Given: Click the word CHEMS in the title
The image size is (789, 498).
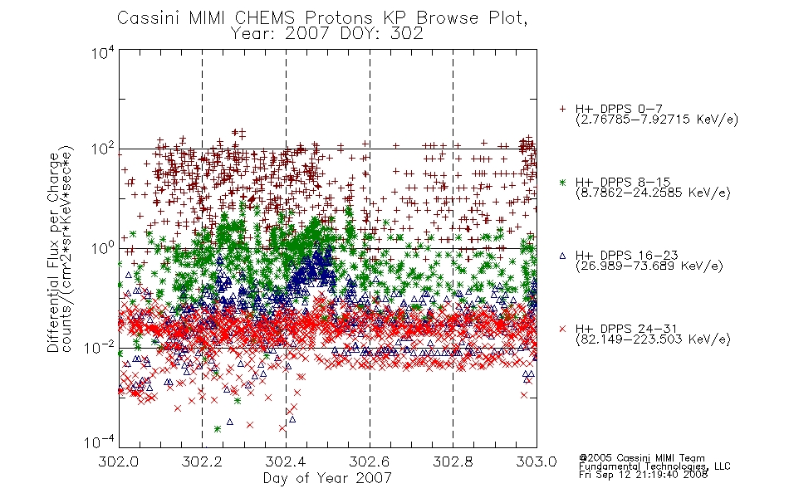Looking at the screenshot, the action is [265, 18].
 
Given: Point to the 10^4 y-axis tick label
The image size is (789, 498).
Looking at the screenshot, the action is [103, 52].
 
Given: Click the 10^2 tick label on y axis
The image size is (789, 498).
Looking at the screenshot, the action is [103, 149].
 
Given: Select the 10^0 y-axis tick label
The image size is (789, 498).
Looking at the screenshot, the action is [103, 249].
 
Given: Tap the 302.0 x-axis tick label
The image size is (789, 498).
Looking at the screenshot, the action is [119, 461].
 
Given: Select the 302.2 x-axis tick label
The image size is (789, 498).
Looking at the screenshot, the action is [203, 461].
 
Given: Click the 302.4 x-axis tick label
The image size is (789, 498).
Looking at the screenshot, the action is [286, 461].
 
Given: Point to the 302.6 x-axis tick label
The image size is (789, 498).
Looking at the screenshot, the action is [370, 461].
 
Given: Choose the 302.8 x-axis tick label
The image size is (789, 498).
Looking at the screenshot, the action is [453, 461].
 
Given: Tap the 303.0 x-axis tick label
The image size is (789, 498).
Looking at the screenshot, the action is [537, 461].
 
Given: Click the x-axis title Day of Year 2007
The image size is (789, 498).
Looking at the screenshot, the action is [327, 478].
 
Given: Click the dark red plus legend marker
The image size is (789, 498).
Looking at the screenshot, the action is [562, 109].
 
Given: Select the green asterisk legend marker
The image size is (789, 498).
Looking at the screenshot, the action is [562, 182].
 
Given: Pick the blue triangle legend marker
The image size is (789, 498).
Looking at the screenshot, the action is [562, 256].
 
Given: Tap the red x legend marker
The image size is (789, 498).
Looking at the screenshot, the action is [562, 329].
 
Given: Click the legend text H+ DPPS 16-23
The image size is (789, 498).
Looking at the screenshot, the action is [626, 255].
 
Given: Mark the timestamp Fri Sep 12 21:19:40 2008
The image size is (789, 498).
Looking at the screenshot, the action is [643, 475].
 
